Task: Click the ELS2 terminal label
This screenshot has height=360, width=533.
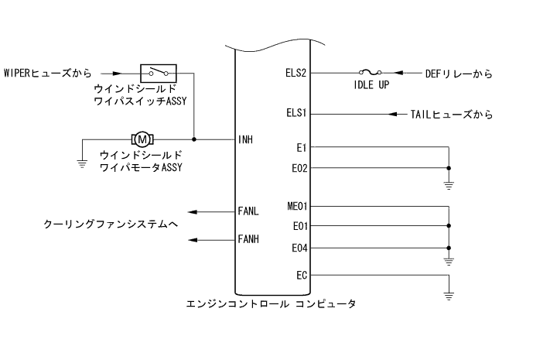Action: (297, 74)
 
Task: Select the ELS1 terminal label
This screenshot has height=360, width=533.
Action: (297, 115)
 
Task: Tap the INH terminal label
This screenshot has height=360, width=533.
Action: (247, 140)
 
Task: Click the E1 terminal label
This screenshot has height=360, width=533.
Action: (302, 147)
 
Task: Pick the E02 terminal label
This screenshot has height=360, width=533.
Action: (299, 167)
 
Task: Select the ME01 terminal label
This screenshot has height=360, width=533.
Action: (297, 207)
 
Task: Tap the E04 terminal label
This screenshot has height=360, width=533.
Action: (299, 248)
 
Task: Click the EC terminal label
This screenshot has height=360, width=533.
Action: (302, 274)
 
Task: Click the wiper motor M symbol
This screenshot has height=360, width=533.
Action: (144, 139)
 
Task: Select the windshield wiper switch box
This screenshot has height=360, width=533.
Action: (158, 73)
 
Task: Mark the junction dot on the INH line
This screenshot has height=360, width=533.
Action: (193, 139)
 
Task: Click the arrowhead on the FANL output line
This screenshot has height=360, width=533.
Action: (192, 211)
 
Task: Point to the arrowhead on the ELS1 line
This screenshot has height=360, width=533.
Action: (393, 115)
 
